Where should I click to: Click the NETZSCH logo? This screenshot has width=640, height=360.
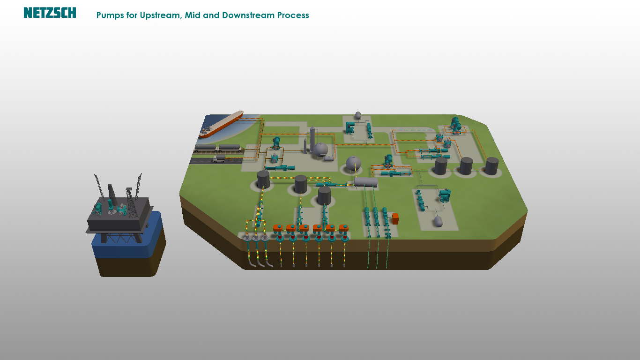[x=50, y=13]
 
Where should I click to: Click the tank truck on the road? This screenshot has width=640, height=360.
[x=219, y=160]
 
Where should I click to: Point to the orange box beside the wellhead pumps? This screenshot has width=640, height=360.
[x=395, y=218]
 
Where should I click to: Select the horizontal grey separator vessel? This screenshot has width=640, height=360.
[x=366, y=182]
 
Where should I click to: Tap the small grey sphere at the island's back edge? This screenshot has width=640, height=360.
[x=358, y=115]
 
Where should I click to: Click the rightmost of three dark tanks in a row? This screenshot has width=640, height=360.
[x=491, y=166]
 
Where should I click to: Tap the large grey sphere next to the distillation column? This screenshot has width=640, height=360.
[x=321, y=149]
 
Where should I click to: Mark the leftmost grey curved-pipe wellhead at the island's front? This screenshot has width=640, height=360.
[x=247, y=238]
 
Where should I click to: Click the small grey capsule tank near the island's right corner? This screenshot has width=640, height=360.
[x=438, y=221]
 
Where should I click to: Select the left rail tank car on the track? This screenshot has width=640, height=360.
[x=206, y=147]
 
